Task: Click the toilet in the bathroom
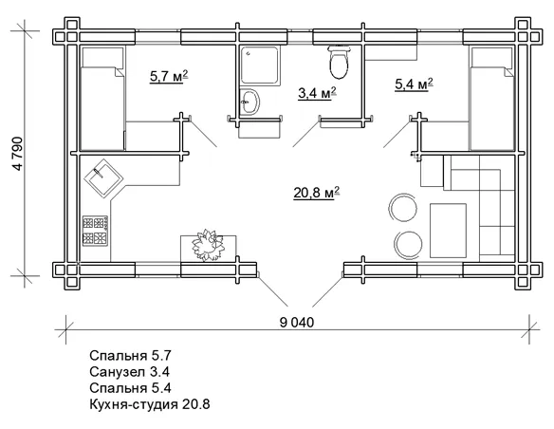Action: point(339,62)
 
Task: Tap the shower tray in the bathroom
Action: point(261,65)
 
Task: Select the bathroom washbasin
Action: point(249,102)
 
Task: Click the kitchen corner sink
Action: point(104,177)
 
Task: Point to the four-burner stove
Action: point(96,231)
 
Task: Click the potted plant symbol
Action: point(209,245)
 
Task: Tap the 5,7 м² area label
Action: point(169,76)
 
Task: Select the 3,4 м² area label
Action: point(317,93)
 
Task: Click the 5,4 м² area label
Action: point(414,84)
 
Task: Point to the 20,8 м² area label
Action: point(317,193)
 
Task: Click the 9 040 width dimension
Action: point(296,323)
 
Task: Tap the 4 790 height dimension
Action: point(18,154)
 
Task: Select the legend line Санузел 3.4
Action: point(129,371)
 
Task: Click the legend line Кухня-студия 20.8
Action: point(150,404)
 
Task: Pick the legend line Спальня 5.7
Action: point(130,356)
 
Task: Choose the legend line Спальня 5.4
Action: point(130,387)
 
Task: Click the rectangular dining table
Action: point(448,231)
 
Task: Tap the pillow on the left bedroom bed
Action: point(102,57)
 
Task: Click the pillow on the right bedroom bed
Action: point(491,57)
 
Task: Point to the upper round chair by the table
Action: point(403,208)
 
